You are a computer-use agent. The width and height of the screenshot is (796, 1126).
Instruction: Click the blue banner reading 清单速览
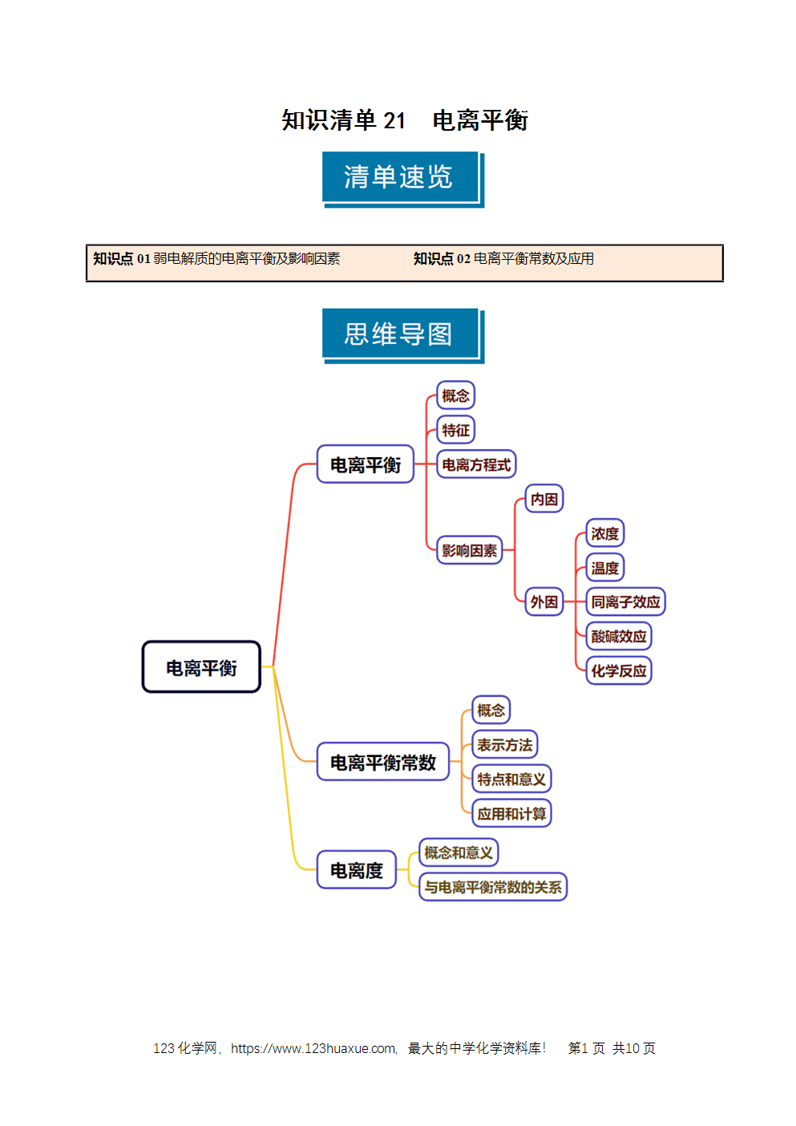click(403, 179)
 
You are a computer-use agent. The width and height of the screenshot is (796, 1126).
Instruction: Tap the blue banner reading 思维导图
click(403, 336)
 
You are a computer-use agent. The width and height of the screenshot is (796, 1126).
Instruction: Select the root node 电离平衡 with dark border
click(201, 666)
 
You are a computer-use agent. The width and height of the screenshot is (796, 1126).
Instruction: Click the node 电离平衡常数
click(382, 762)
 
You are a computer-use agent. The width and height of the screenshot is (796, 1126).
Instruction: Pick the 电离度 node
click(356, 869)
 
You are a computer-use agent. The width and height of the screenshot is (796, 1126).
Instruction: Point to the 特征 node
click(455, 430)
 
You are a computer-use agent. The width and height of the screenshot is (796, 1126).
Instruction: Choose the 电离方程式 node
click(476, 464)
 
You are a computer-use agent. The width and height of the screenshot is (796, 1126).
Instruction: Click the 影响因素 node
click(469, 550)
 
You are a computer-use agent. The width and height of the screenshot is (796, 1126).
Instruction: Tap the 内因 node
click(543, 499)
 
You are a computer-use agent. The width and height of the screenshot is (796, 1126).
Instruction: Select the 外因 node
click(543, 601)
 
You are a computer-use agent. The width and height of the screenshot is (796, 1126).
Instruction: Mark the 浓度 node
click(604, 533)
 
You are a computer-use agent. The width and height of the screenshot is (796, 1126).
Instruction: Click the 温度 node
click(604, 568)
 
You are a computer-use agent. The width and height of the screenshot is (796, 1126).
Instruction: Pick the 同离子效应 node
click(625, 601)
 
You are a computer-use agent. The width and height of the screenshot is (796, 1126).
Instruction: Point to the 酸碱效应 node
click(618, 636)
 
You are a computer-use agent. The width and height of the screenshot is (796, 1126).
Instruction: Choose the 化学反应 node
click(618, 670)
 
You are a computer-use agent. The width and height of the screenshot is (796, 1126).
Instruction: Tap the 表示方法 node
click(504, 744)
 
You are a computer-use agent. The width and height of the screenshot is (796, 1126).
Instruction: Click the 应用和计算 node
click(511, 813)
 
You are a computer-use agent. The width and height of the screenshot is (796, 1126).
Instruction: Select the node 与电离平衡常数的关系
click(492, 887)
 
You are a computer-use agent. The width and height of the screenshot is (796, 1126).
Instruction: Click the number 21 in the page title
click(394, 120)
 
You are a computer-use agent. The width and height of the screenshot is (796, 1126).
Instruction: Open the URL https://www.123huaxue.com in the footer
click(313, 1048)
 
